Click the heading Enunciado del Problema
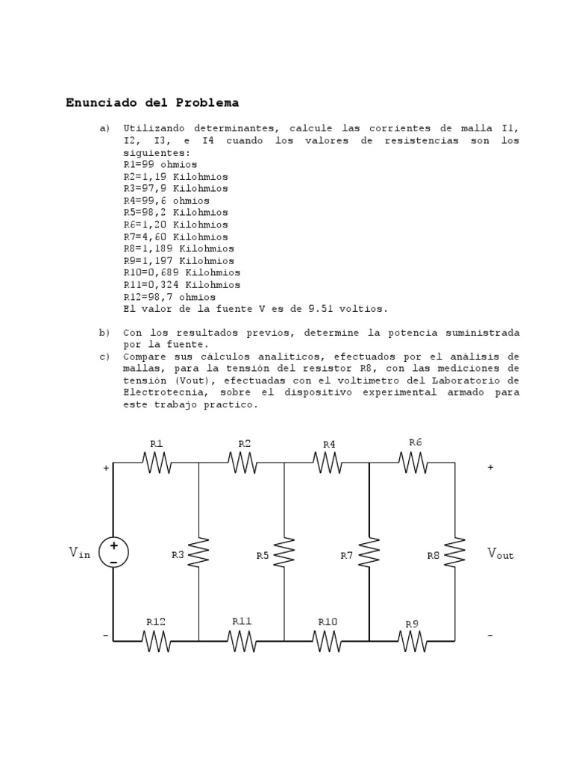152,102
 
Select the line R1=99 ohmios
160,164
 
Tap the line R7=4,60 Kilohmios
175,237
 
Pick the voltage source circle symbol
113,553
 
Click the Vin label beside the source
80,553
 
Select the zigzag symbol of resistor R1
157,463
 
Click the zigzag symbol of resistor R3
199,553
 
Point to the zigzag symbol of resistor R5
284,553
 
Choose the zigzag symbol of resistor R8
455,553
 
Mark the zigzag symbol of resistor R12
156,640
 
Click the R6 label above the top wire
416,442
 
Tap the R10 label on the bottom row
328,621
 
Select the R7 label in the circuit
347,556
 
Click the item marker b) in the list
104,333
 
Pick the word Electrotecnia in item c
161,392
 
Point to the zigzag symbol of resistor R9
413,640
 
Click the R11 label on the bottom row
242,621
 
